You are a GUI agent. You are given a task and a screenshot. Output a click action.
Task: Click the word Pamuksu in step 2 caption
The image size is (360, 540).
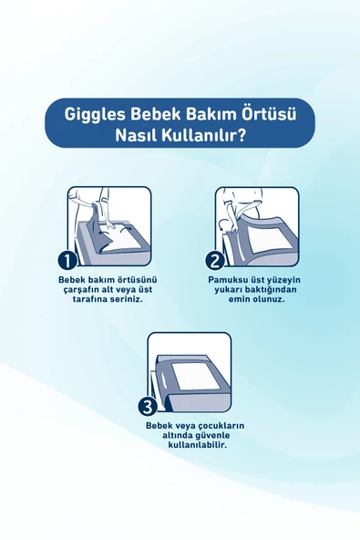coord(229,279)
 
